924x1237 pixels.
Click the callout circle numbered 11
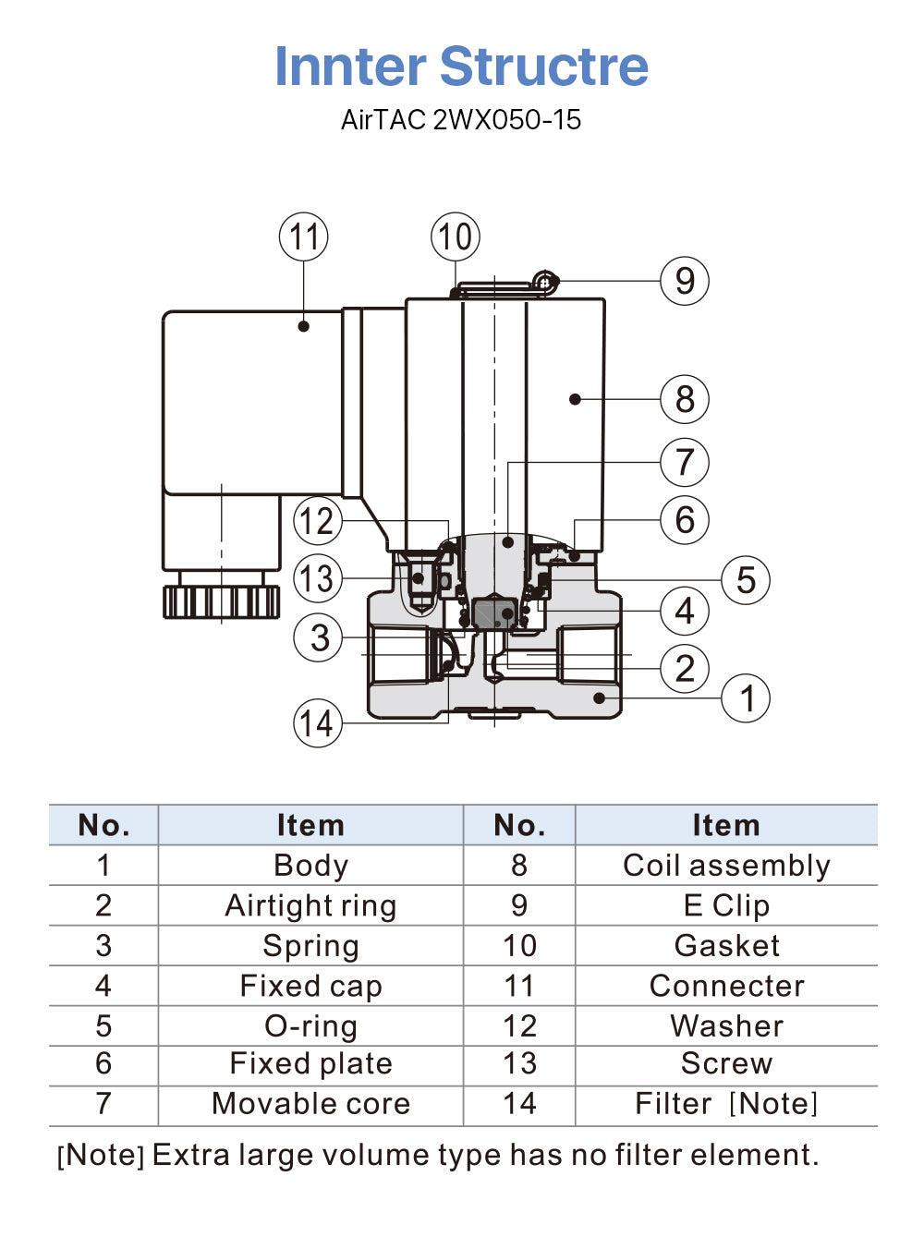click(304, 236)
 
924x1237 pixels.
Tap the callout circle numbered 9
click(685, 281)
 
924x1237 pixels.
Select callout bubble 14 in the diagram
click(317, 723)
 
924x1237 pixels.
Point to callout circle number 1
click(747, 698)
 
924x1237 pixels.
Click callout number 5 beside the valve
click(746, 580)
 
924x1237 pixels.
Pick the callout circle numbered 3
click(318, 637)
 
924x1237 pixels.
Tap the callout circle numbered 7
click(685, 462)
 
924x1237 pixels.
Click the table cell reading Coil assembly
click(726, 866)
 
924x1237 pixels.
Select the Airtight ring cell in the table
click(310, 905)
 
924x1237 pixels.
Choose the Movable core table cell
click(310, 1104)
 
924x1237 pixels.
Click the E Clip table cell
click(726, 905)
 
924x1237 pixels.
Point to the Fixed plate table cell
click(310, 1064)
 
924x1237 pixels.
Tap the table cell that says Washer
click(726, 1025)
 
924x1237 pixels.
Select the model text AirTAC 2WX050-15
click(461, 120)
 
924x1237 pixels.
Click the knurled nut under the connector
click(222, 601)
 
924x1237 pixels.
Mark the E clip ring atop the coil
click(545, 282)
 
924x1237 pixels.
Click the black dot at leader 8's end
click(575, 399)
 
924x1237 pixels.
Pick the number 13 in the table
click(519, 1064)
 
